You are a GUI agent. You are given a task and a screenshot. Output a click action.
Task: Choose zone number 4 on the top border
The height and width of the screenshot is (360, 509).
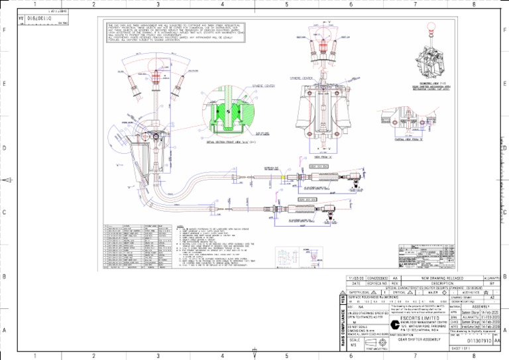[x=222, y=5]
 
